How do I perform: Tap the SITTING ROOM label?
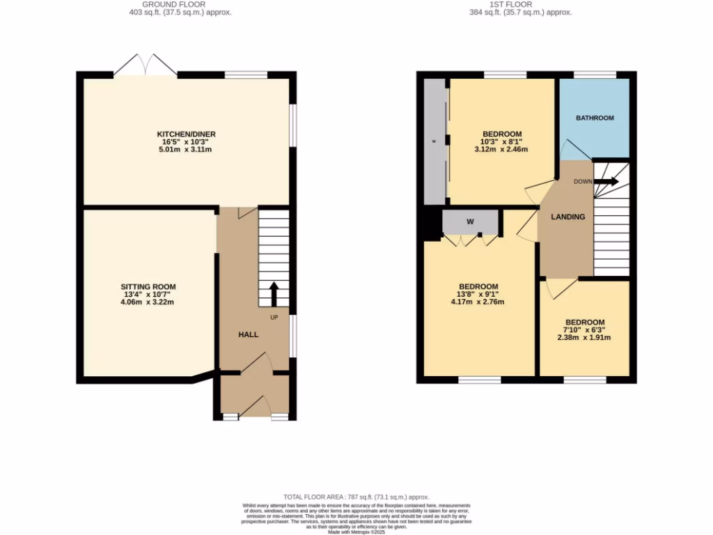pos(148,286)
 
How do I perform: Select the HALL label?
pos(249,334)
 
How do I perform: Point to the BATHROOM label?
pos(595,118)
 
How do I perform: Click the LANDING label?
pos(568,217)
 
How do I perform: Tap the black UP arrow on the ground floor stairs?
pos(274,293)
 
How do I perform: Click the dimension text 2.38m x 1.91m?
pos(583,338)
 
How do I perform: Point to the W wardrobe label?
pos(470,222)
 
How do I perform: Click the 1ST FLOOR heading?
pos(520,4)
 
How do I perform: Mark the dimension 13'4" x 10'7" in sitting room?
pos(148,294)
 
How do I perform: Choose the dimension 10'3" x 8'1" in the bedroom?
pos(502,141)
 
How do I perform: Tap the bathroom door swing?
pos(574,150)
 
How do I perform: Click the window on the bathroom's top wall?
pos(595,75)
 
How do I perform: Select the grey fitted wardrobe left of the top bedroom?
pos(435,141)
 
